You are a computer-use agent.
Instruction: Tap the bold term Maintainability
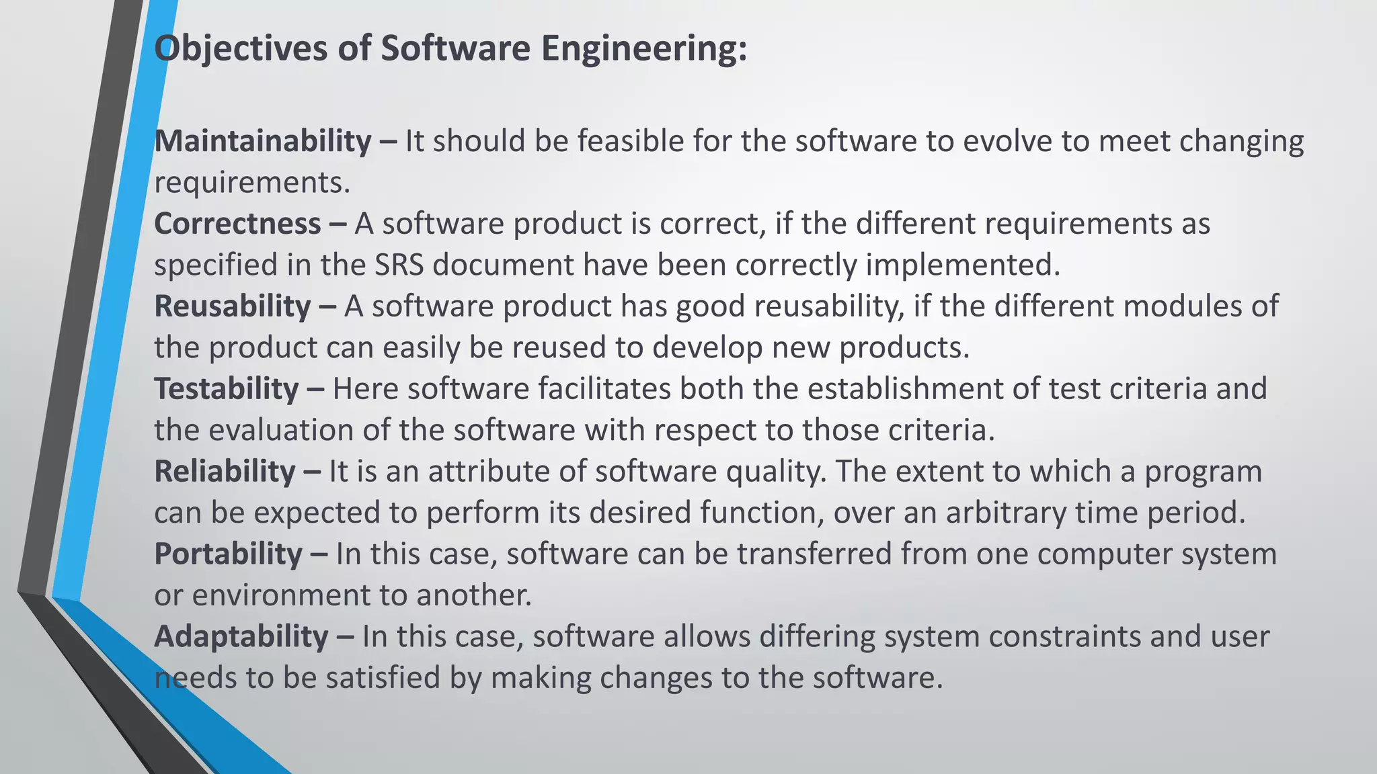coord(263,142)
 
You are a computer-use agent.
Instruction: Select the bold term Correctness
coord(237,224)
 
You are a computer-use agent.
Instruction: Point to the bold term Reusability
coord(233,307)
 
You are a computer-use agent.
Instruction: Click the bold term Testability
coord(227,390)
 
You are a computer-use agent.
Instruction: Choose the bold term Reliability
coord(225,472)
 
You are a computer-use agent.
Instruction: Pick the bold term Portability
coord(228,555)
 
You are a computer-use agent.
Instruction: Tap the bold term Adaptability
coord(241,638)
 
